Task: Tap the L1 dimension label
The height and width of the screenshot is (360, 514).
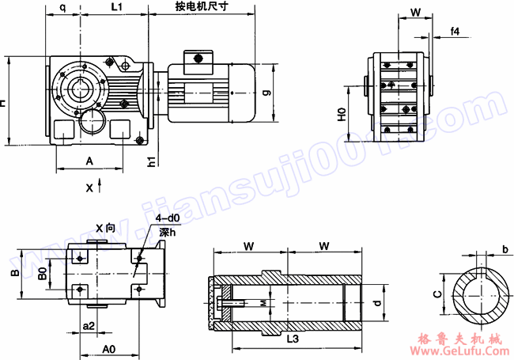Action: [115, 6]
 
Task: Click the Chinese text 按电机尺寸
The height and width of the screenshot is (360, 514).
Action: [201, 6]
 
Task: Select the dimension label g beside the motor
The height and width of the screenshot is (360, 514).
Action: [267, 93]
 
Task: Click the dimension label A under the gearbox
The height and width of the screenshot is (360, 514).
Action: [89, 161]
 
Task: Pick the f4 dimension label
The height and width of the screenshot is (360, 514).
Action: [455, 31]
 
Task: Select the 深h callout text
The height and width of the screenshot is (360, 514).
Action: [168, 233]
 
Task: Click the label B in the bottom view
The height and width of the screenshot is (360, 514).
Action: [13, 274]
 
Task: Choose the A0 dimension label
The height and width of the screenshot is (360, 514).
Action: [109, 347]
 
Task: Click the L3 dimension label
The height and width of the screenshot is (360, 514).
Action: [293, 339]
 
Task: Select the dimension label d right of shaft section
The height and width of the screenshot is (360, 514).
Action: [377, 302]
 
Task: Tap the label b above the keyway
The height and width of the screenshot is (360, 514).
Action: [505, 250]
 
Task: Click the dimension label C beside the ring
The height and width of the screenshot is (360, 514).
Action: [437, 295]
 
